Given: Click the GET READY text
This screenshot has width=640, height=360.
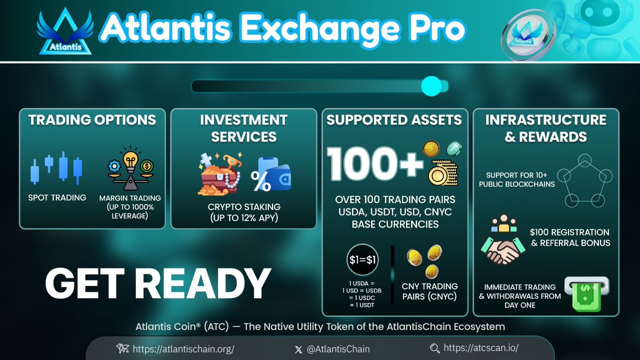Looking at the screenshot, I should [x=157, y=283].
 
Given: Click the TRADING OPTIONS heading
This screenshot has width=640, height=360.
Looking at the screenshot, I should [x=92, y=119].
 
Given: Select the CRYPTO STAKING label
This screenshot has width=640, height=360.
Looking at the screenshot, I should [x=244, y=207].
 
